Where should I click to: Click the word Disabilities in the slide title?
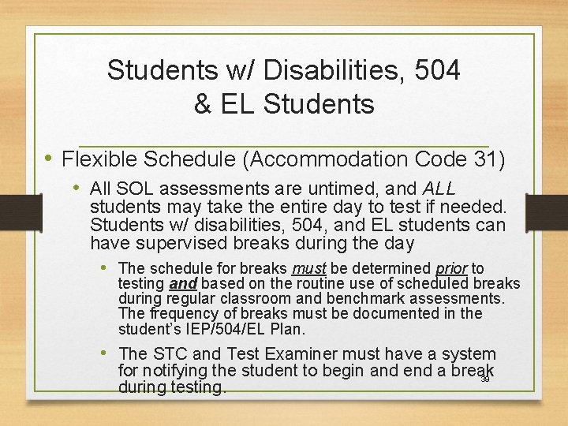319,70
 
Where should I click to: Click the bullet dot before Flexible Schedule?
49,159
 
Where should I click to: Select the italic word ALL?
439,189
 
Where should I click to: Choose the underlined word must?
308,269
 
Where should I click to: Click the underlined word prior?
450,269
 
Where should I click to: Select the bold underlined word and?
183,284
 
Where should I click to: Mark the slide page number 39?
485,379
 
